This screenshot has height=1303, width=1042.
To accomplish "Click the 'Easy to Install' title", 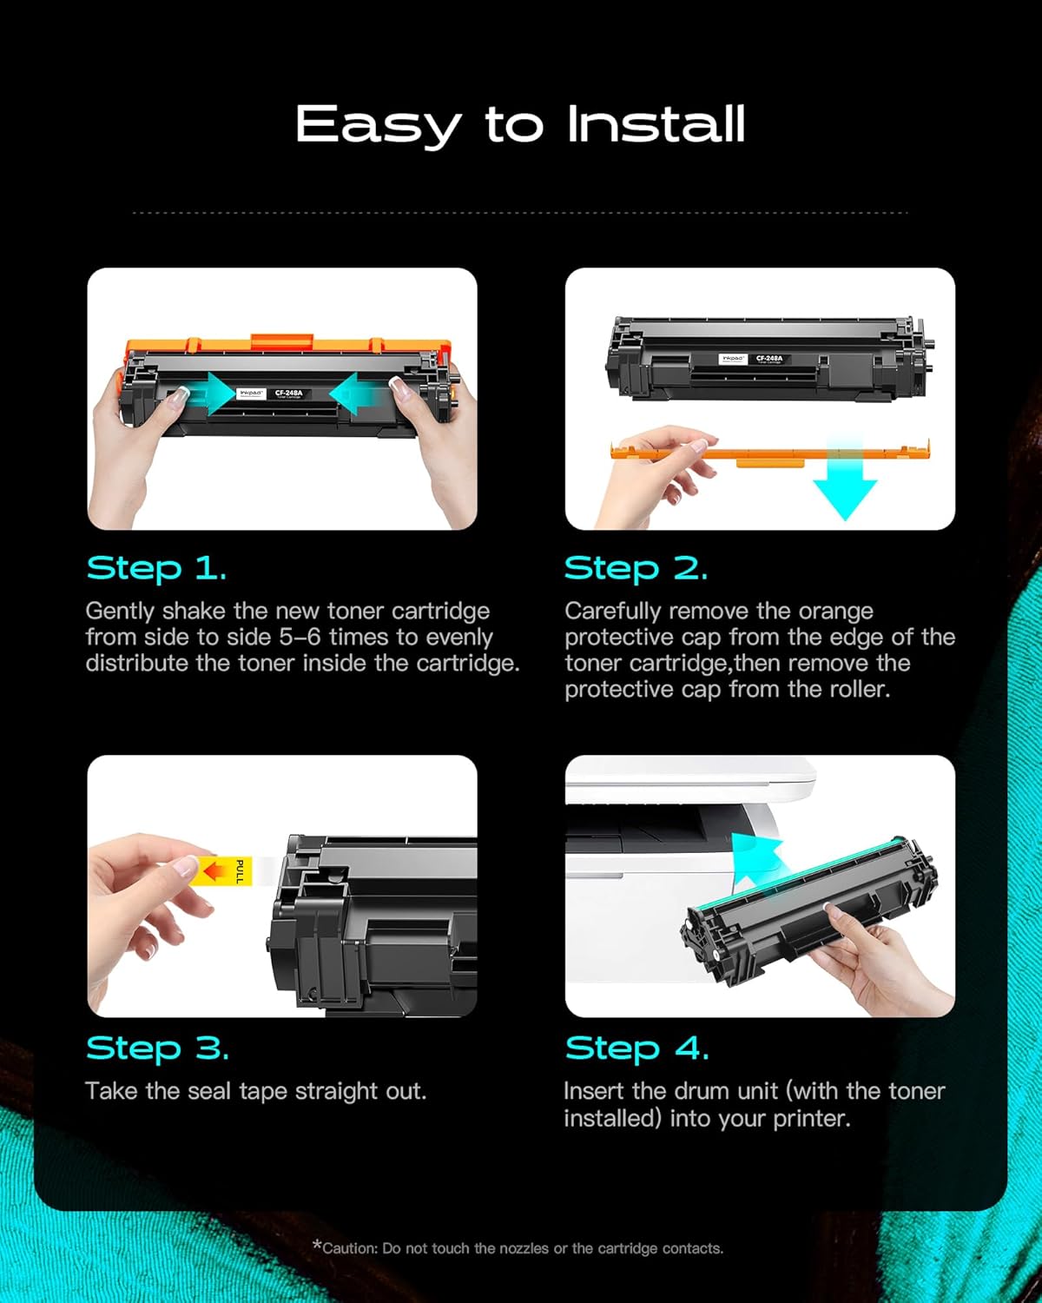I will click(x=520, y=124).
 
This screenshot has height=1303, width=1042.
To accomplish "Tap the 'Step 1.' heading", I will click(x=156, y=569).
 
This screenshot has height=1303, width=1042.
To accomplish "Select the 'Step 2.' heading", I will click(x=636, y=569).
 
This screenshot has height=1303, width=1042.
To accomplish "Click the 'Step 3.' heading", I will click(x=157, y=1048).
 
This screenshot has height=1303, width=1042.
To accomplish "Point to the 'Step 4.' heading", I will click(x=636, y=1048).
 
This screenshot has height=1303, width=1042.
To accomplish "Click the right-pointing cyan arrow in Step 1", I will click(x=209, y=395).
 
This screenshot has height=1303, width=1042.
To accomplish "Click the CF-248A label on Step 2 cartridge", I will click(x=768, y=358).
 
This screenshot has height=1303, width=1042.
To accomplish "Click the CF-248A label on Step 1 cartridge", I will click(x=289, y=394).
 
